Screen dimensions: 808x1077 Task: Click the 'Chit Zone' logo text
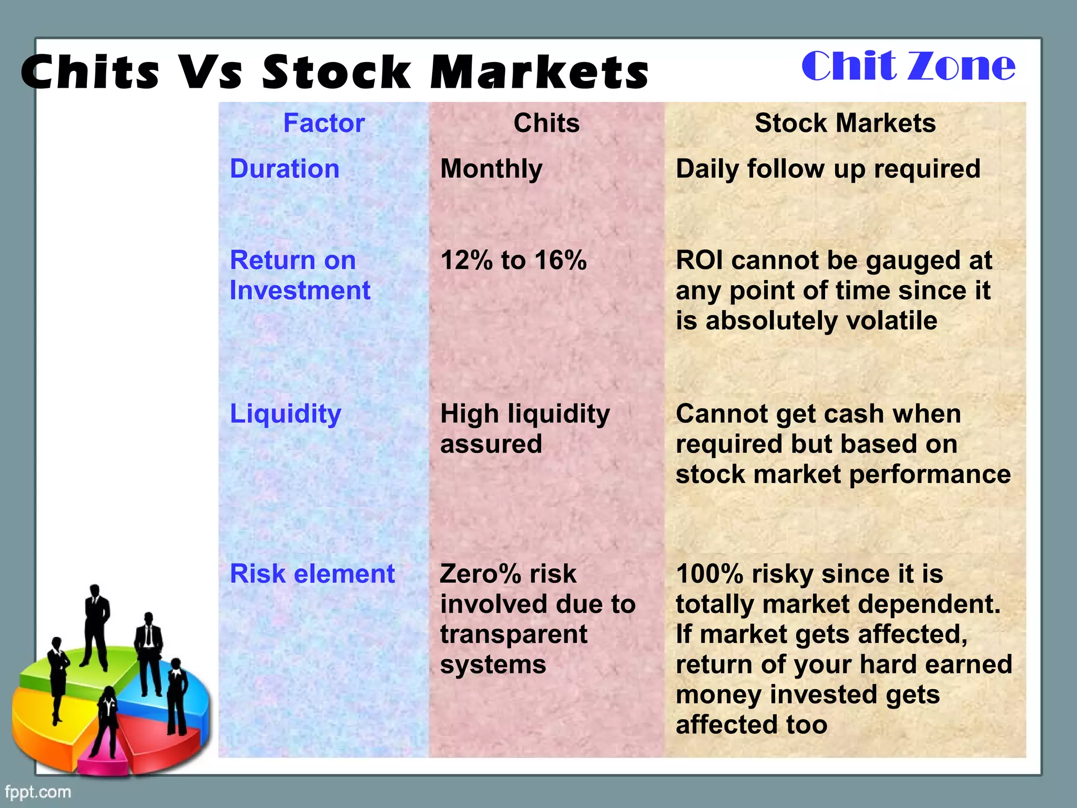pyautogui.click(x=908, y=66)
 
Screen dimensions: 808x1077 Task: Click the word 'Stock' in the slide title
pyautogui.click(x=337, y=73)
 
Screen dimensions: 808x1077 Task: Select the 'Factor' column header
pyautogui.click(x=323, y=123)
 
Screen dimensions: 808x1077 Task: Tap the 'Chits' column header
pyautogui.click(x=546, y=123)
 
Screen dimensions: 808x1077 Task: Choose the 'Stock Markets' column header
pyautogui.click(x=845, y=123)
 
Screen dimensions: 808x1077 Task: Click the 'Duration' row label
pyautogui.click(x=285, y=169)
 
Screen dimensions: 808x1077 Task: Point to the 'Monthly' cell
pyautogui.click(x=491, y=169)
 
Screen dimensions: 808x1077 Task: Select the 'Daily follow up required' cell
pyautogui.click(x=828, y=169)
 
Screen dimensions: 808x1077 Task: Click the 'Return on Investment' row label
pyautogui.click(x=300, y=275)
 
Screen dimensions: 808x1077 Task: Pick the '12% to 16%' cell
pyautogui.click(x=513, y=260)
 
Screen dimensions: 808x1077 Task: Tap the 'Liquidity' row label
pyautogui.click(x=286, y=414)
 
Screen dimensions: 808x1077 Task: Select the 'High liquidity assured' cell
pyautogui.click(x=524, y=429)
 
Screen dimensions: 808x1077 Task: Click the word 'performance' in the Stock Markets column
pyautogui.click(x=929, y=474)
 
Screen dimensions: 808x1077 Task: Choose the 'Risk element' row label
pyautogui.click(x=312, y=574)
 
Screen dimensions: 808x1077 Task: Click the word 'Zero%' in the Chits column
pyautogui.click(x=480, y=574)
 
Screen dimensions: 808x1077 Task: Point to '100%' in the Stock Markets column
pyautogui.click(x=709, y=574)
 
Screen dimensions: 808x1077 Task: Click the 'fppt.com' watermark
pyautogui.click(x=38, y=792)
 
